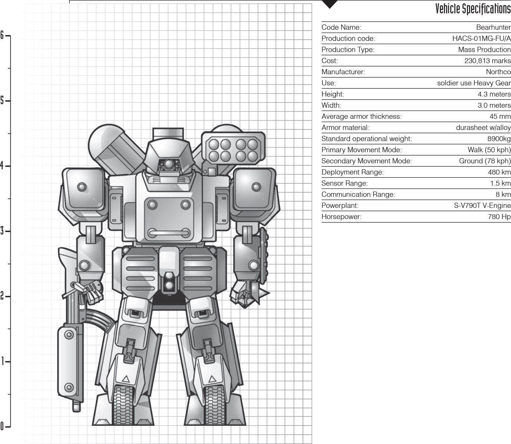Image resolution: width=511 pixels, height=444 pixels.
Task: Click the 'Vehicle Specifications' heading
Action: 473,9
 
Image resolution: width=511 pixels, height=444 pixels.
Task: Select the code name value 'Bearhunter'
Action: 493,27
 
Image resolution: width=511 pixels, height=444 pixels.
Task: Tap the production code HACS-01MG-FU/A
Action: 482,39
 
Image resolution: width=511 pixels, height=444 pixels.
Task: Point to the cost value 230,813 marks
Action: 488,61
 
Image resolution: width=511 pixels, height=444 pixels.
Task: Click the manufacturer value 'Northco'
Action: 498,72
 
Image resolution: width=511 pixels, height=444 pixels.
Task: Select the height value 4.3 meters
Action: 494,94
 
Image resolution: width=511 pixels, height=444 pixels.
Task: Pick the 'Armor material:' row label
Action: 345,127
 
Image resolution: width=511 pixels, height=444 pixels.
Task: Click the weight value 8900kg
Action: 499,139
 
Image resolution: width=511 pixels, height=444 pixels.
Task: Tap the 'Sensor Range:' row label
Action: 344,183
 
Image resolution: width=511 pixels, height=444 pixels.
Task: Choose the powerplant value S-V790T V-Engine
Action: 482,206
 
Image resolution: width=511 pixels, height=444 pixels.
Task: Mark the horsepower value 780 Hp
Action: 499,216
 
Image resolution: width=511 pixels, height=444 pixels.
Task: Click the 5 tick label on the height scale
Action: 2,101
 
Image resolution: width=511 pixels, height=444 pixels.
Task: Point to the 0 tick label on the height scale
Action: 2,426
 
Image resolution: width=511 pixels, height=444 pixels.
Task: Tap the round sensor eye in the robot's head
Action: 169,164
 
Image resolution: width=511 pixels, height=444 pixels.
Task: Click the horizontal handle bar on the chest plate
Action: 169,233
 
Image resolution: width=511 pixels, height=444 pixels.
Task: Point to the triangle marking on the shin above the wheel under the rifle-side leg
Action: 126,379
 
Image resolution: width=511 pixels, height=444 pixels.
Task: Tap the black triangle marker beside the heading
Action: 330,4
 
